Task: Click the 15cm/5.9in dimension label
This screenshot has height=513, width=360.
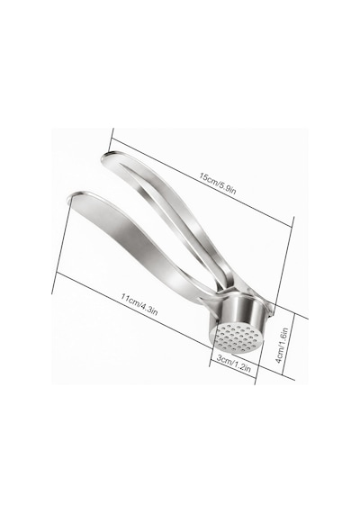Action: (x=218, y=184)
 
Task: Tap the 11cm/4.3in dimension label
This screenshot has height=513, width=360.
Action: (x=139, y=304)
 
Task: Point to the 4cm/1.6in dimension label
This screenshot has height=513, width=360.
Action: (x=281, y=346)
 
